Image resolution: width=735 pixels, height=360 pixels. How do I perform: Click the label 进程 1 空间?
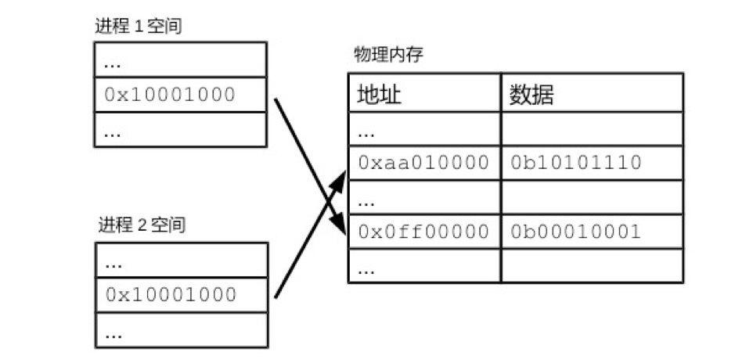pos(139,27)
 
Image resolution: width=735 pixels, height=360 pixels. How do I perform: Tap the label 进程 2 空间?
pos(142,225)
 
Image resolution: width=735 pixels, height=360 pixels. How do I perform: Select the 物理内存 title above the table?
pos(389,56)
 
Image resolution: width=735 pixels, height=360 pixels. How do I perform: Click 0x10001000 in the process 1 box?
pos(170,95)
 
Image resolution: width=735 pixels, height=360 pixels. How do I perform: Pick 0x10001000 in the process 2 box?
pos(171,294)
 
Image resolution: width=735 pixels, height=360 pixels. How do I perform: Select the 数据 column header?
pos(531,94)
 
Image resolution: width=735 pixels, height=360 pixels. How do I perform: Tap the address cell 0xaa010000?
pos(423,163)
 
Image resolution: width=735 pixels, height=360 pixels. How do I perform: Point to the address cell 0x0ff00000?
pos(423,232)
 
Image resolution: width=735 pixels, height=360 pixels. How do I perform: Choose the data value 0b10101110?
pos(575,163)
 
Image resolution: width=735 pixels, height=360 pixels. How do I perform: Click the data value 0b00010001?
pos(575,232)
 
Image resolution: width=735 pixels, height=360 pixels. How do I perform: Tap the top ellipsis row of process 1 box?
pos(113,61)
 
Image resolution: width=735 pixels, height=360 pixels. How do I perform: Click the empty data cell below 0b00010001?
pos(591,265)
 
